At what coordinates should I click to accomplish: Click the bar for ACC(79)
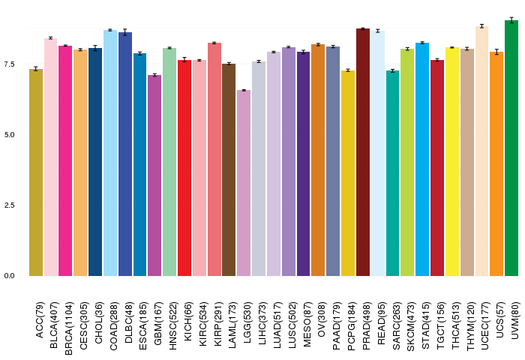click(x=36, y=172)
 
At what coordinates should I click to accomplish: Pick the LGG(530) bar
click(x=244, y=183)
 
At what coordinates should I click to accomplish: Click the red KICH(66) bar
click(x=184, y=168)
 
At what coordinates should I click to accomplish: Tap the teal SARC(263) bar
click(x=392, y=173)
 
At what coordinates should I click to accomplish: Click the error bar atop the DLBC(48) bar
click(x=125, y=32)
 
